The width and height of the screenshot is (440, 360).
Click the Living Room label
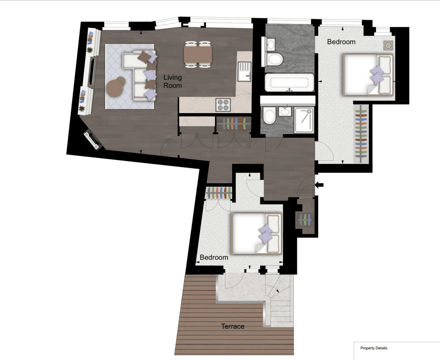[173, 81]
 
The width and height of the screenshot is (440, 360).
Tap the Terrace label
[232, 326]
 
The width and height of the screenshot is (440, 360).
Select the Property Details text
[374, 348]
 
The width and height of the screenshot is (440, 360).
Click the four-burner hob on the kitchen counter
[223, 105]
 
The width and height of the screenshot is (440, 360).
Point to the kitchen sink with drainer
[245, 72]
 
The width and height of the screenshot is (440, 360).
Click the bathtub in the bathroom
[289, 83]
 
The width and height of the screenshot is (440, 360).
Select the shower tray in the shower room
[304, 120]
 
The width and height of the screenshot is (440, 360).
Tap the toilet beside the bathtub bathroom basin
[275, 59]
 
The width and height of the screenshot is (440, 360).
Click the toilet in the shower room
[269, 115]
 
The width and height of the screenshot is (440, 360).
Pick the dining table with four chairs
[198, 55]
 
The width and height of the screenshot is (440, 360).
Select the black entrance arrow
[319, 185]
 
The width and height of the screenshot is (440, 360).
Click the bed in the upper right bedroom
[368, 75]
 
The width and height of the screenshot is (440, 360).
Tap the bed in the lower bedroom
[257, 233]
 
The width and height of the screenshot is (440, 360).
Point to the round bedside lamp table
[388, 46]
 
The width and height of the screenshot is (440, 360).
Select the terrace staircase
[279, 301]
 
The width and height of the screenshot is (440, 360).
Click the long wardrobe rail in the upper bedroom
[361, 134]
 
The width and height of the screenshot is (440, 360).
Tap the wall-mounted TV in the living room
[92, 72]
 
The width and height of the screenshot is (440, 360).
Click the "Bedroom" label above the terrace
[214, 257]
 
